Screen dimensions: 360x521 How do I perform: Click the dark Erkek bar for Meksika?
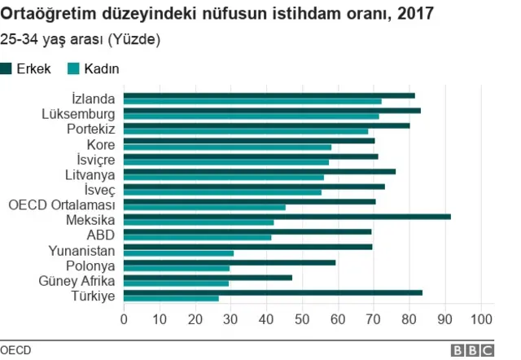point(287,217)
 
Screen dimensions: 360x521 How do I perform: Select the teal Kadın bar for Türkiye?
point(171,299)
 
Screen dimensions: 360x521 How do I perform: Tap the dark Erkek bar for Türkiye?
point(273,292)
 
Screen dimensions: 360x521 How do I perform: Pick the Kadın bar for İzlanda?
point(252,102)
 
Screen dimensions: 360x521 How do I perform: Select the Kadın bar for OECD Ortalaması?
point(204,208)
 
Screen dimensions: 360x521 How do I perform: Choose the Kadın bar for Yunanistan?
point(178,253)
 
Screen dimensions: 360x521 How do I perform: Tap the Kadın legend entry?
point(92,69)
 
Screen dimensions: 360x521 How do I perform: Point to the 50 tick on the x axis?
point(302,319)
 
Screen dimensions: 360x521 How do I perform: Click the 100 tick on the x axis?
point(482,319)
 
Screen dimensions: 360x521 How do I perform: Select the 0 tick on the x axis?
point(124,319)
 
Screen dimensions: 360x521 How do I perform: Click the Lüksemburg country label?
point(77,114)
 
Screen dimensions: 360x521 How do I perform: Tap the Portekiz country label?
point(90,130)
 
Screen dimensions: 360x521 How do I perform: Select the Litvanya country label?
point(90,174)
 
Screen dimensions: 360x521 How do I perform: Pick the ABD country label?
point(101,235)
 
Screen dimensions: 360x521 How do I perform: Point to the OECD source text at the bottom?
point(15,349)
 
